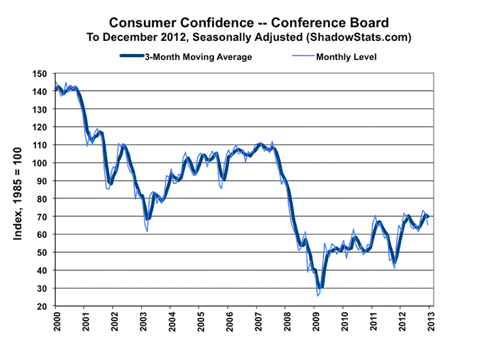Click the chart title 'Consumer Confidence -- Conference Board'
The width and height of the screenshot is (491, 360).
pos(246,22)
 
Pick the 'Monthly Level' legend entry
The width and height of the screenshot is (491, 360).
pos(346,57)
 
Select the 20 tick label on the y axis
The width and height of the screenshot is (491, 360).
pos(42,306)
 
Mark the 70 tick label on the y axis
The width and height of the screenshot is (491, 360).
pos(42,217)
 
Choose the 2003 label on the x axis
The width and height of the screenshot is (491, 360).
pos(143,322)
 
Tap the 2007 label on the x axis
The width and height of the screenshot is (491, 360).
pos(258,322)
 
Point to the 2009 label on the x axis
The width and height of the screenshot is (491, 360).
pos(316,322)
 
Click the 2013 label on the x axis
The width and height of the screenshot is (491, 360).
pos(432,322)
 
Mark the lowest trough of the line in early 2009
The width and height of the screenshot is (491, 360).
pos(318,296)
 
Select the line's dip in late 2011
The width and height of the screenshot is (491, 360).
pos(394,268)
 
